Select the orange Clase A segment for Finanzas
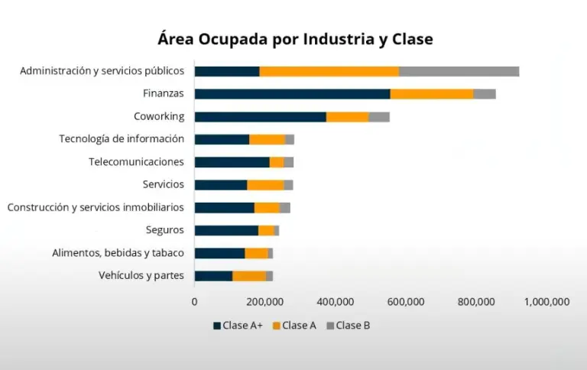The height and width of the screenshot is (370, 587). point(432,94)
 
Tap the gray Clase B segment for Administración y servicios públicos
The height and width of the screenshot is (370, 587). point(459,71)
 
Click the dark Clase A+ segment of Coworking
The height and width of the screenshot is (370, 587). point(260,117)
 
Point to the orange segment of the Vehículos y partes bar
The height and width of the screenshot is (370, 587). point(249,276)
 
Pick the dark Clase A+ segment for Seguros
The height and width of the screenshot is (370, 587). point(226,230)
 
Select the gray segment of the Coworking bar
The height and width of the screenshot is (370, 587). point(379,117)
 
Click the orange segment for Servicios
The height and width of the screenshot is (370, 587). point(265,185)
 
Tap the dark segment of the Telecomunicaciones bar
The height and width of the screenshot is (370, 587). point(232,162)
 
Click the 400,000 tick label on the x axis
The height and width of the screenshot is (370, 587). point(336,302)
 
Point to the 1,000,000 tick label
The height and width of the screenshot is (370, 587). point(547,302)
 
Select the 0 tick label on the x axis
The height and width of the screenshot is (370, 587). point(194,302)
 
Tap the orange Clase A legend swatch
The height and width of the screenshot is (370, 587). point(276,326)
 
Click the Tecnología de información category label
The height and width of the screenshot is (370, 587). point(122,139)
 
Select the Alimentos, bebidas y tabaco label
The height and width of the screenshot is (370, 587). point(118,253)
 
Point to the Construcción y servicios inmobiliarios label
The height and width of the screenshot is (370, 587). point(96,207)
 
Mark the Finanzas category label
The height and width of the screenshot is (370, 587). point(163,94)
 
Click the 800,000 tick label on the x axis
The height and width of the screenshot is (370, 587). point(477,302)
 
